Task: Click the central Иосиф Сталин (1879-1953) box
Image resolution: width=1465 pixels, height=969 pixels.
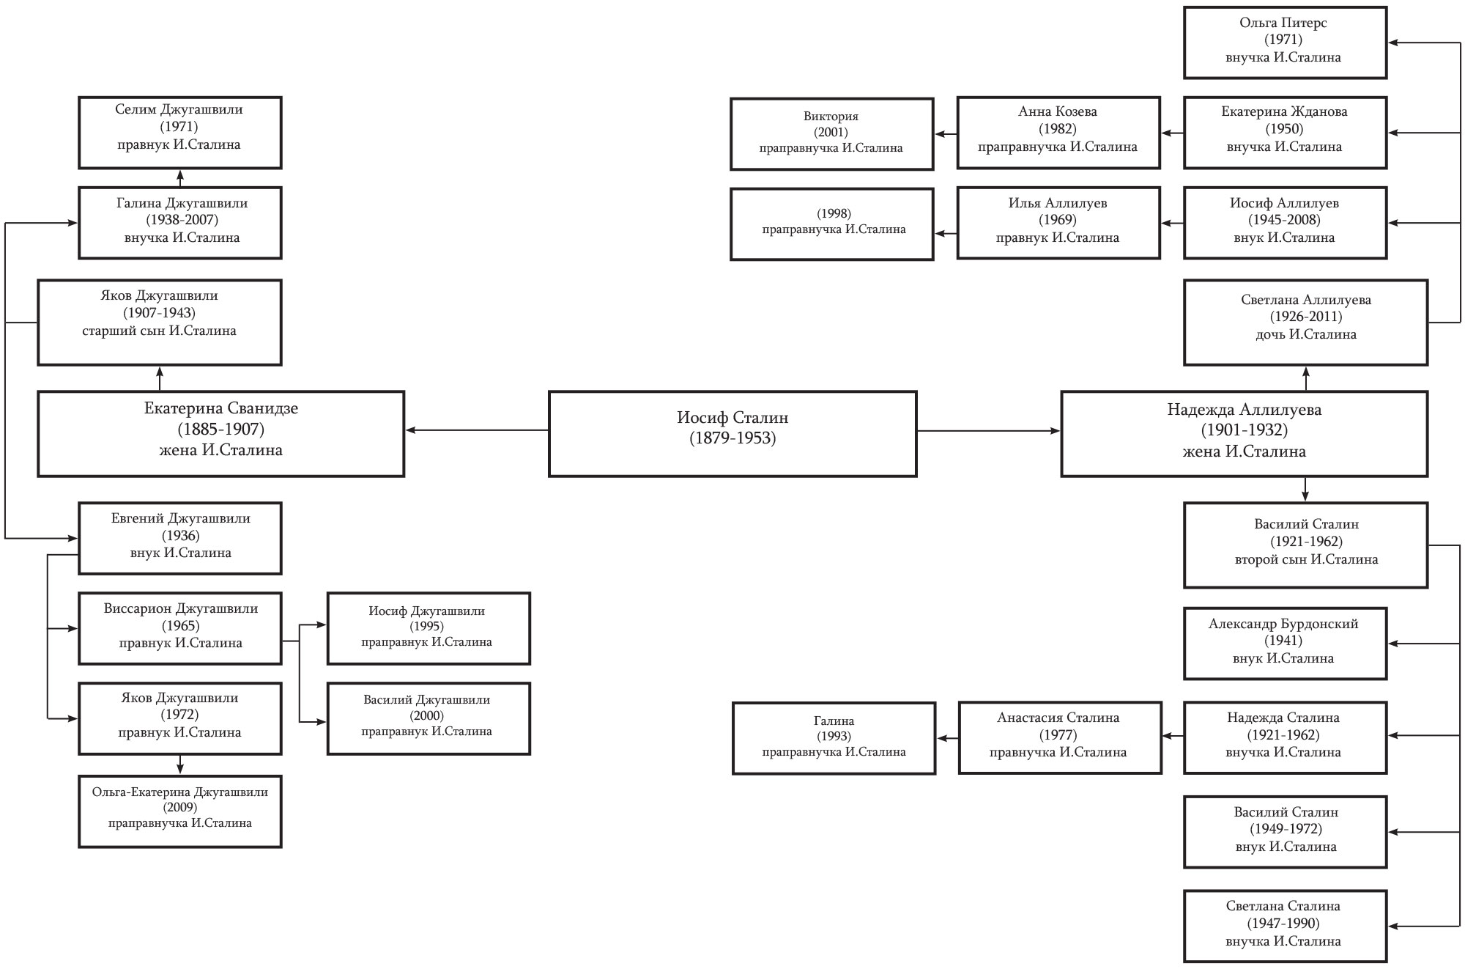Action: (732, 434)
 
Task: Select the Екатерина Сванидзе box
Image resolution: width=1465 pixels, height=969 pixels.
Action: (221, 434)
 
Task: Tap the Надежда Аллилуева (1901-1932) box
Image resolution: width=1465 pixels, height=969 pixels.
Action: (1244, 434)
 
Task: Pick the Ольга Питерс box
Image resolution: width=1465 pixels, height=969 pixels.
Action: (1285, 43)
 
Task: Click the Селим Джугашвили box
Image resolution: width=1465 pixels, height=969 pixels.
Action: (180, 133)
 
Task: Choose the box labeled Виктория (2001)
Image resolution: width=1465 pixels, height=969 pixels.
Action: (831, 134)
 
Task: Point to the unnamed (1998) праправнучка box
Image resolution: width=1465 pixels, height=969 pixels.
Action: (831, 224)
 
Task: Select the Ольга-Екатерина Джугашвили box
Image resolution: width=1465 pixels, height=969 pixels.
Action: (180, 811)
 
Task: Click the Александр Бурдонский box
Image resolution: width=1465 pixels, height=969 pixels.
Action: (1285, 644)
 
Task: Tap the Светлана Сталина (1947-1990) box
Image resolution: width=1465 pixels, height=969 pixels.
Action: (1285, 926)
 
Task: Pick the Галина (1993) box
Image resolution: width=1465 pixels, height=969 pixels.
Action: (834, 738)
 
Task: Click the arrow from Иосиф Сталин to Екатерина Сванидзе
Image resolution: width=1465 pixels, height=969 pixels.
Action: (477, 430)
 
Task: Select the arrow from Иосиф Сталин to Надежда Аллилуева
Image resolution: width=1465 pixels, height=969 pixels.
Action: (989, 431)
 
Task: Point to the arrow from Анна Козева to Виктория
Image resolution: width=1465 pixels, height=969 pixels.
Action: (946, 134)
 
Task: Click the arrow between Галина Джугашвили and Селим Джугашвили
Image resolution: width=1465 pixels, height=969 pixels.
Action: (180, 178)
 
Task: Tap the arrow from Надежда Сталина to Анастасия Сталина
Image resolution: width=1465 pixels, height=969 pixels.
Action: (1173, 736)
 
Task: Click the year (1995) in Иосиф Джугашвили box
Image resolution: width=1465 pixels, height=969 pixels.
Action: (427, 626)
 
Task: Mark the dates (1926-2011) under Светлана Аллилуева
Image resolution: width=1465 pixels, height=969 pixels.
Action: (1306, 317)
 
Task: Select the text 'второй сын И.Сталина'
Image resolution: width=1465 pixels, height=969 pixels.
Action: (1306, 559)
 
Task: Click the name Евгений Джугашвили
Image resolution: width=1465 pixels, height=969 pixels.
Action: (180, 518)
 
